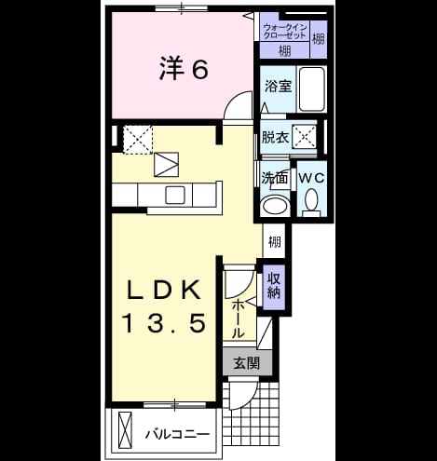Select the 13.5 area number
click(x=165, y=323)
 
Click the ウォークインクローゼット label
click(x=285, y=32)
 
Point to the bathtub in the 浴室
click(x=311, y=89)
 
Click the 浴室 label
click(x=278, y=86)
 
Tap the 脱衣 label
click(x=275, y=137)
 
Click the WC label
click(x=311, y=178)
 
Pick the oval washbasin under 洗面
click(x=275, y=205)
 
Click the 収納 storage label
click(x=274, y=286)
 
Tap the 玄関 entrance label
click(x=247, y=362)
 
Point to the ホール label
click(x=239, y=319)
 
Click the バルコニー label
click(x=178, y=434)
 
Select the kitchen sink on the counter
click(x=175, y=195)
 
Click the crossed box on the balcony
click(x=125, y=430)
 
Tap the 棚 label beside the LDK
click(x=275, y=242)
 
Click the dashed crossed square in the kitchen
click(x=138, y=140)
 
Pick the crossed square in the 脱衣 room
click(x=304, y=137)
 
